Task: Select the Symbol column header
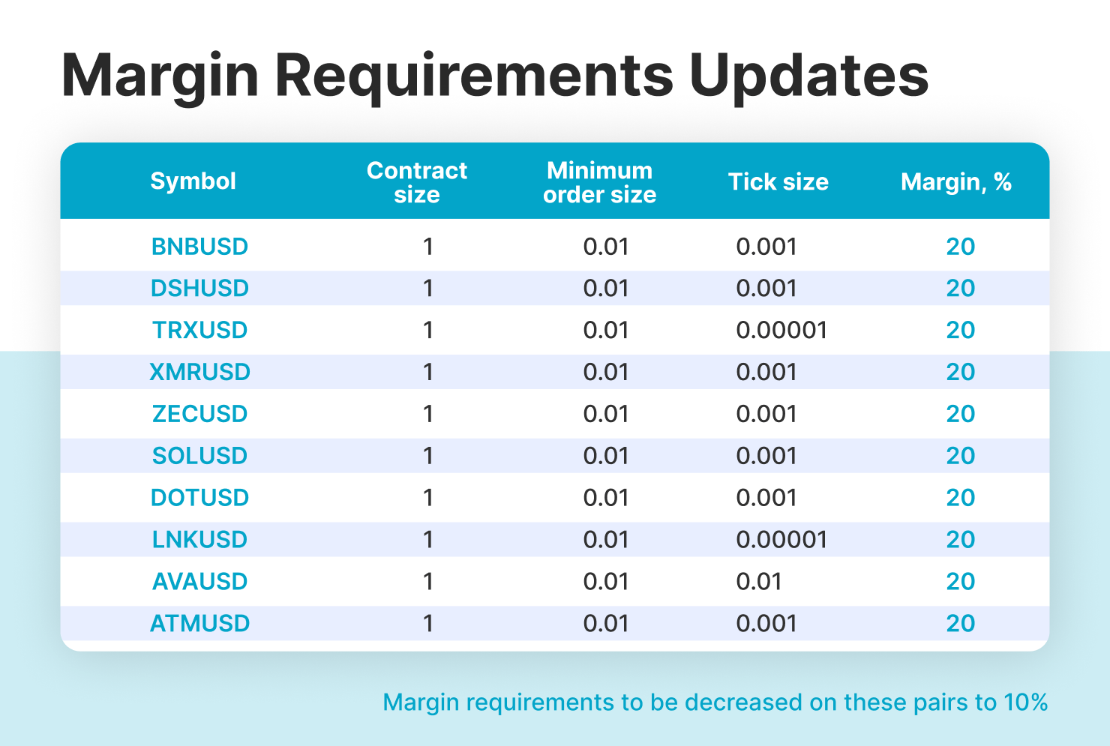point(193,181)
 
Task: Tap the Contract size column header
point(417,181)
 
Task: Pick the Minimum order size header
point(599,181)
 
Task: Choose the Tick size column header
point(778,181)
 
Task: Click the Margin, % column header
point(956,181)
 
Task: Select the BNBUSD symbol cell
point(199,247)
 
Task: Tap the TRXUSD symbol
point(199,330)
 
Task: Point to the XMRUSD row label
point(199,372)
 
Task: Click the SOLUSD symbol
point(199,456)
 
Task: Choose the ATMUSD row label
point(199,623)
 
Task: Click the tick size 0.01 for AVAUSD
point(759,582)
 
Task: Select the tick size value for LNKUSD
point(781,539)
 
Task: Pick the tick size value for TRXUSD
point(781,330)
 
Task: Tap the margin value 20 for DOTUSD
point(960,498)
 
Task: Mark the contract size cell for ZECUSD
point(429,414)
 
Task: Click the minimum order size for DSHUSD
point(605,289)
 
